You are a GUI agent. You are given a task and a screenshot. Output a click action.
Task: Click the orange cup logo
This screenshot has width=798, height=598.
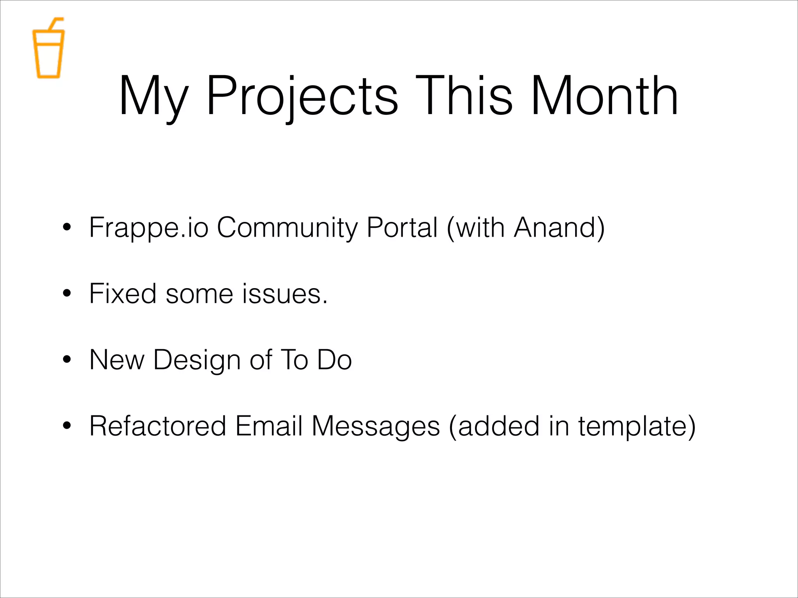pos(48,53)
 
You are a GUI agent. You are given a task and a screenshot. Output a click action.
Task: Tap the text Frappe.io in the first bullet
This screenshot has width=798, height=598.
pos(148,227)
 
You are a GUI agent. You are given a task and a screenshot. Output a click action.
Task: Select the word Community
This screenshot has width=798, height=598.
pos(287,227)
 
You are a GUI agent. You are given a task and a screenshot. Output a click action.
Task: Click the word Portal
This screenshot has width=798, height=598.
pos(402,227)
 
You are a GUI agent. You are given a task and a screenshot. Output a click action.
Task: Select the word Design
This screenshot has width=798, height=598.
pos(197,360)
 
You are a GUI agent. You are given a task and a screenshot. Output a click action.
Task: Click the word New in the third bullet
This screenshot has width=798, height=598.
pos(117,360)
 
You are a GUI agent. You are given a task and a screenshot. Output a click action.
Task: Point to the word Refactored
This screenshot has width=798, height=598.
pos(157,426)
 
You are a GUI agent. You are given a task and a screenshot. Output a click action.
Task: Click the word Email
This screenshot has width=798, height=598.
pos(268,426)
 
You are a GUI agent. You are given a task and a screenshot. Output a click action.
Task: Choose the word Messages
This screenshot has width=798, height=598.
pos(376,426)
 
